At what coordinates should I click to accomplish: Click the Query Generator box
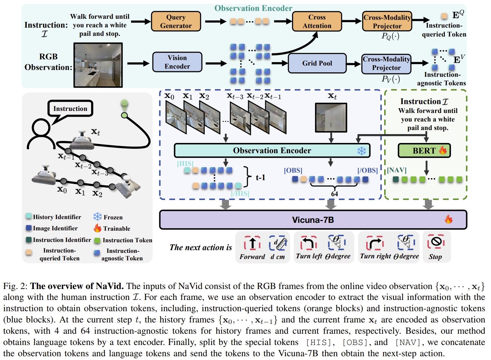tap(176, 21)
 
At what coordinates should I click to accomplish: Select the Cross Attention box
tap(317, 21)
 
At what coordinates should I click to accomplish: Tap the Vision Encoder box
tap(177, 62)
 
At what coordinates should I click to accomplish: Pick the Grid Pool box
tap(317, 63)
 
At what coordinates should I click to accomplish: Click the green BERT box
tap(424, 150)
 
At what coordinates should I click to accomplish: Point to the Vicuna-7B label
tap(313, 220)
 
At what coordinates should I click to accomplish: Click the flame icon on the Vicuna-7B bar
tap(448, 219)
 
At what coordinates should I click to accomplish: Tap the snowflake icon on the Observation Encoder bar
tap(361, 151)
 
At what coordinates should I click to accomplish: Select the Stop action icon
tap(436, 242)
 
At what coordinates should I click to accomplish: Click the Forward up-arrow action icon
tap(252, 243)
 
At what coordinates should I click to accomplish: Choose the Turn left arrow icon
tap(309, 243)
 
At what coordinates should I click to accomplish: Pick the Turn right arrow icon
tap(374, 243)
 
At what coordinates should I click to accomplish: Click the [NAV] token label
tap(396, 170)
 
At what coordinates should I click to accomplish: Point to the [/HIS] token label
tap(240, 193)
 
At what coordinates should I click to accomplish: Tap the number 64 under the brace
tap(334, 194)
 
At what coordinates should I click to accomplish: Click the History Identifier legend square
tap(29, 216)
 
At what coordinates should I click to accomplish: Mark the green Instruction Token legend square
tap(97, 241)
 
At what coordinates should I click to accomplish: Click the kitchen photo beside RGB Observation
tap(98, 65)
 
